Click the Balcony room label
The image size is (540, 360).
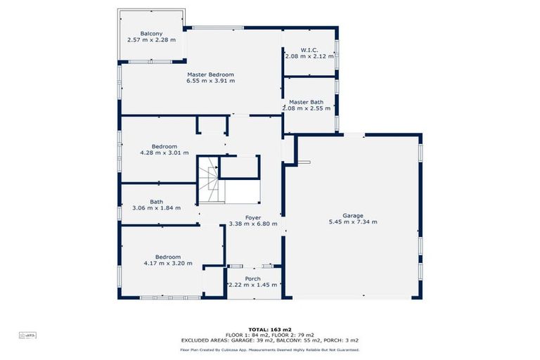pyautogui.click(x=151, y=34)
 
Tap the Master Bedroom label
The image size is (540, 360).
pyautogui.click(x=210, y=75)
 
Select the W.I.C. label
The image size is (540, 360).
pyautogui.click(x=310, y=49)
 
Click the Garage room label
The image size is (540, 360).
pyautogui.click(x=352, y=215)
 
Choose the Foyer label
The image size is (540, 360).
pyautogui.click(x=253, y=218)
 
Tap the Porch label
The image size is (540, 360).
pyautogui.click(x=252, y=278)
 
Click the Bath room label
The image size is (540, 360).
pyautogui.click(x=156, y=202)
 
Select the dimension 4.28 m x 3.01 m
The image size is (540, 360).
pyautogui.click(x=165, y=153)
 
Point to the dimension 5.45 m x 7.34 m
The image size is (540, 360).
pyautogui.click(x=352, y=221)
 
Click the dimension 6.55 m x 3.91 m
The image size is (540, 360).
pyautogui.click(x=210, y=81)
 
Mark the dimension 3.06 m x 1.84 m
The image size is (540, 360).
pyautogui.click(x=156, y=208)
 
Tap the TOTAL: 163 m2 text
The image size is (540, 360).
pyautogui.click(x=270, y=330)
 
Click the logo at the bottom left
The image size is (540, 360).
pyautogui.click(x=28, y=336)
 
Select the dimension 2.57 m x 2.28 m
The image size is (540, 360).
pyautogui.click(x=151, y=40)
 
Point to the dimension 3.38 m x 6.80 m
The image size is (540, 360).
pyautogui.click(x=253, y=224)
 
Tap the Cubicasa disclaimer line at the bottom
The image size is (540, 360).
pyautogui.click(x=270, y=349)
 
